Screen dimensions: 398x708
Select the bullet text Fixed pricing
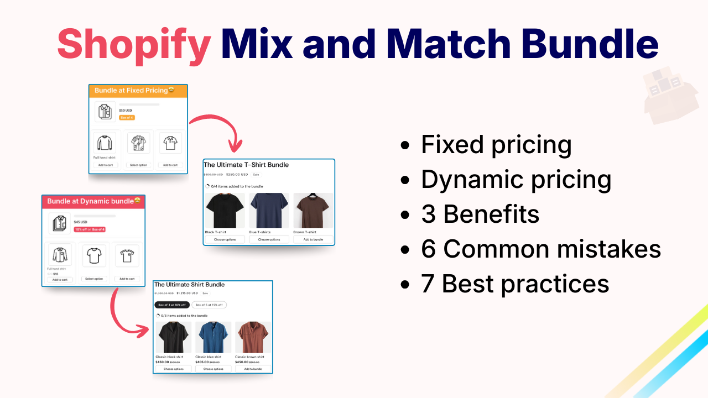(x=496, y=145)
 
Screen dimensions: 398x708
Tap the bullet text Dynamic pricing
(x=516, y=180)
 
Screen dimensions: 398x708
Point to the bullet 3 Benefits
(x=480, y=214)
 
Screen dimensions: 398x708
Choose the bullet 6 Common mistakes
(x=540, y=249)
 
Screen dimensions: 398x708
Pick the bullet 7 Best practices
(x=514, y=284)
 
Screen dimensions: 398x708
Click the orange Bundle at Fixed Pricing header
(x=138, y=91)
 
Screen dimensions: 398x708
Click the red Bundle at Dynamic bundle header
(x=93, y=201)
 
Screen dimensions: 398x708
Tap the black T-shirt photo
(x=225, y=211)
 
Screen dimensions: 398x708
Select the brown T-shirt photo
(x=313, y=211)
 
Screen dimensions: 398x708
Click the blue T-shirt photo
(x=269, y=211)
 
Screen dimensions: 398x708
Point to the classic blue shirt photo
(x=213, y=337)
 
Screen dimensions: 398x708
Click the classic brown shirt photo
(x=253, y=337)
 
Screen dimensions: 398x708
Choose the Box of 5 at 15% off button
(x=209, y=305)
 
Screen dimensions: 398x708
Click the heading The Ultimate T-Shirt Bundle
(x=246, y=165)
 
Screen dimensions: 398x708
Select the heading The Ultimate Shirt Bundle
(x=189, y=285)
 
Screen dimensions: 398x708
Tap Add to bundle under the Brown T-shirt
(x=313, y=239)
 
